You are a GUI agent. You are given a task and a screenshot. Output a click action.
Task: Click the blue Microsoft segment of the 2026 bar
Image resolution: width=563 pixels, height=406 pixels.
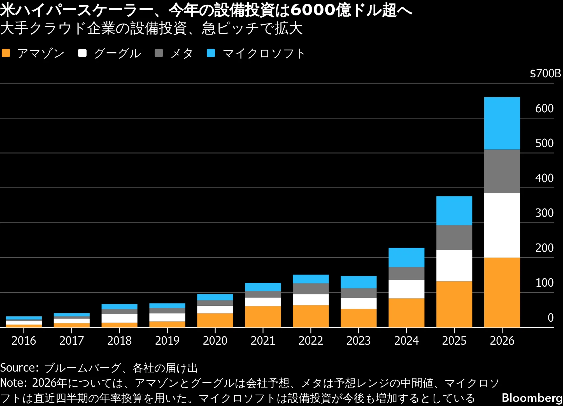pyautogui.click(x=502, y=123)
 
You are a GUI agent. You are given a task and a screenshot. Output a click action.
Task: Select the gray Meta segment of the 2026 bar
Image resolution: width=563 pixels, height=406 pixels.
pyautogui.click(x=502, y=171)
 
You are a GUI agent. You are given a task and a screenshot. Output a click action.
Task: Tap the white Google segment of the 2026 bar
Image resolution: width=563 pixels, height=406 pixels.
pyautogui.click(x=502, y=225)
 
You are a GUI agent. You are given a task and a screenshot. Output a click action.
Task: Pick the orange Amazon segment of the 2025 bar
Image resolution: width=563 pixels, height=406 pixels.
pyautogui.click(x=454, y=304)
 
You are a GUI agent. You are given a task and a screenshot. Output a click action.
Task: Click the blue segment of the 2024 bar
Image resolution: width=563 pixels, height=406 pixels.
pyautogui.click(x=406, y=257)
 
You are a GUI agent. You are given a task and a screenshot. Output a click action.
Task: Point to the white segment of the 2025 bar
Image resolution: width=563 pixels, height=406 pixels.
pyautogui.click(x=454, y=265)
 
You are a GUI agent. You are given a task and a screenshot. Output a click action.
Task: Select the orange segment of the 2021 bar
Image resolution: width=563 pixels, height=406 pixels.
pyautogui.click(x=263, y=316)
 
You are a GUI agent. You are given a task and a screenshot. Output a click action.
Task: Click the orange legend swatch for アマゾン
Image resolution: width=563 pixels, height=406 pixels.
pyautogui.click(x=6, y=53)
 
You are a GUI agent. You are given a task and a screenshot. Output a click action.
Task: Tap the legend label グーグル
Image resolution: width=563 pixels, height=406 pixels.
pyautogui.click(x=117, y=53)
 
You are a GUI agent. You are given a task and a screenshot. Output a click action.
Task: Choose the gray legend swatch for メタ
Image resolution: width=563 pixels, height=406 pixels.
pyautogui.click(x=159, y=53)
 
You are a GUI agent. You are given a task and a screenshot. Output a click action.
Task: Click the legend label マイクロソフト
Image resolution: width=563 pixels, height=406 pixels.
pyautogui.click(x=264, y=53)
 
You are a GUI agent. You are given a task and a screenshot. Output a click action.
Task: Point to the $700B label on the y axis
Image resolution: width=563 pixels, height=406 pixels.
pyautogui.click(x=545, y=73)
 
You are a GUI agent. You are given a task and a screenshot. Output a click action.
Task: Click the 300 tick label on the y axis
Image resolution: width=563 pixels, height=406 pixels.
pyautogui.click(x=544, y=213)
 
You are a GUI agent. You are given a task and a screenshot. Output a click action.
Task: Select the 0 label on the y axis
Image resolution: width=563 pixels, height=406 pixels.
pyautogui.click(x=550, y=317)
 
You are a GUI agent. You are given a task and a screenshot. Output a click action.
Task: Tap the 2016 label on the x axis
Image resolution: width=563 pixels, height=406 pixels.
pyautogui.click(x=24, y=341)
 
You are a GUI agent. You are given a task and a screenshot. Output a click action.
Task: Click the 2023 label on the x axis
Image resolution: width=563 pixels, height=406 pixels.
pyautogui.click(x=359, y=341)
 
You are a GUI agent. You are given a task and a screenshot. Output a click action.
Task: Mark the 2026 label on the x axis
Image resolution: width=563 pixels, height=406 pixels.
pyautogui.click(x=502, y=341)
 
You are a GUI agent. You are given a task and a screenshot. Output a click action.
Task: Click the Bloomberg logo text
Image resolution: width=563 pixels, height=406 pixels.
pyautogui.click(x=532, y=398)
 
